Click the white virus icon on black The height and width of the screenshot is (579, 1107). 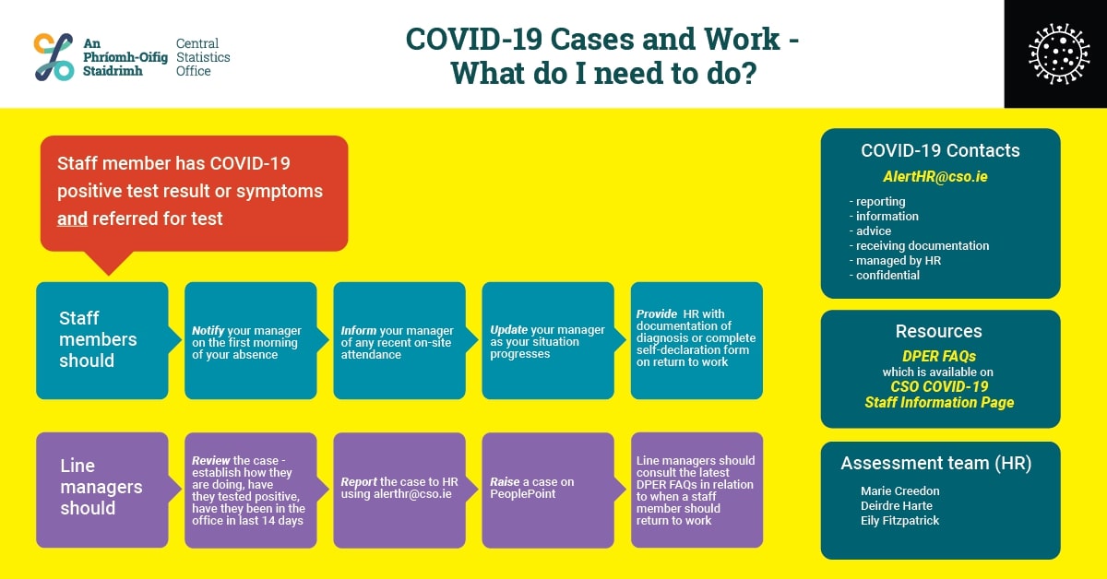point(1059,53)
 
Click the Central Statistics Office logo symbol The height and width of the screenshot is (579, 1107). point(54,57)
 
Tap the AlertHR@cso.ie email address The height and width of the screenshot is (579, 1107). point(935,176)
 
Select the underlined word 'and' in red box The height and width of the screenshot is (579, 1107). point(72,219)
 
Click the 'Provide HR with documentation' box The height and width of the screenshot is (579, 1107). point(696,340)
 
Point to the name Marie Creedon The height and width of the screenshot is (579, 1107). point(900,491)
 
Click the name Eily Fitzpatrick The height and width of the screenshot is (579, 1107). point(900,521)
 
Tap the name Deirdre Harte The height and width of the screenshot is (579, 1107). point(897,506)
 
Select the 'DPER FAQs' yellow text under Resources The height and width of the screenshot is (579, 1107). point(939,356)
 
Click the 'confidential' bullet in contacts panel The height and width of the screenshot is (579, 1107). point(885,275)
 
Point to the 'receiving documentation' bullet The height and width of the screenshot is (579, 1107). point(919,246)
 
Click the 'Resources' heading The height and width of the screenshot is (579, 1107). point(938,331)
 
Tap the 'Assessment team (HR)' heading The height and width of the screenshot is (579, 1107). point(936,464)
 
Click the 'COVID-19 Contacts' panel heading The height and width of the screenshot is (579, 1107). point(940,150)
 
